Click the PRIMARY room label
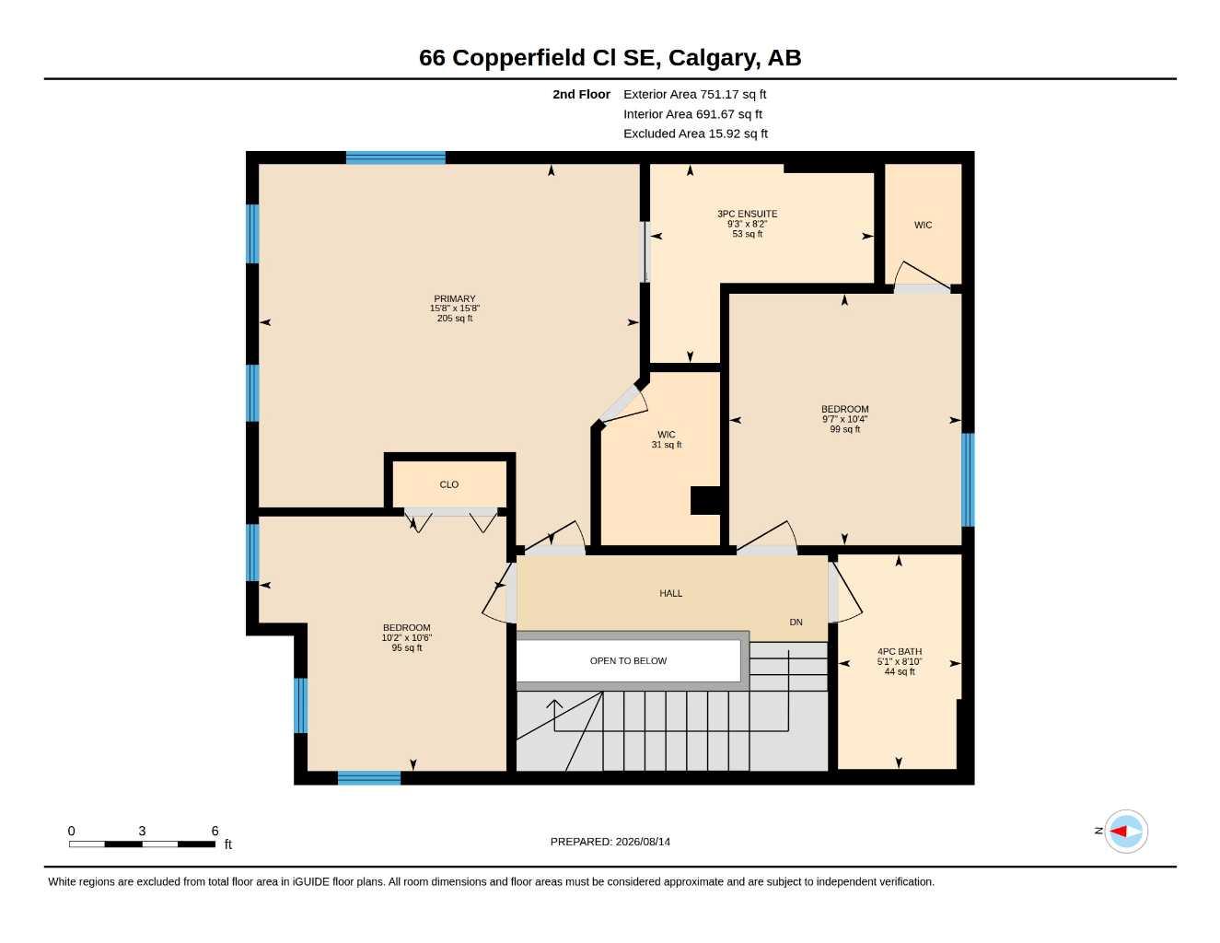coord(454,298)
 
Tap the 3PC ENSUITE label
coord(747,214)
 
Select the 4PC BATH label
coord(900,652)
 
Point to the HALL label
coord(670,593)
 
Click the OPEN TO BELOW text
coord(628,660)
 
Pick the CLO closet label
coord(448,484)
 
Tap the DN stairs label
coord(796,622)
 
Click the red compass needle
coord(1118,832)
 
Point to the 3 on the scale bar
coord(142,831)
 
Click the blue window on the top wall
coord(395,157)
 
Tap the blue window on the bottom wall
coord(369,778)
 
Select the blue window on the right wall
coord(968,480)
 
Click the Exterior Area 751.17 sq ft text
coord(694,94)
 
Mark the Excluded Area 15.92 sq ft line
coord(695,134)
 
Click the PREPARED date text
coord(610,842)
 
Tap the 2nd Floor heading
coord(581,94)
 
